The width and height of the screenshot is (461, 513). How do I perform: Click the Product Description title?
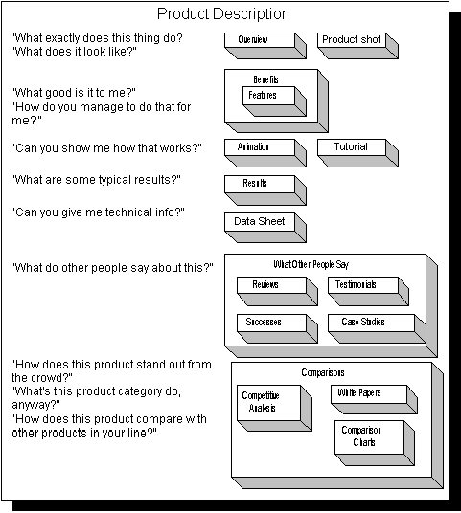pyautogui.click(x=222, y=13)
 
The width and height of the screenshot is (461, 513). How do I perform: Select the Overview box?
pyautogui.click(x=265, y=46)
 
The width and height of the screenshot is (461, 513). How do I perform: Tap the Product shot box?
pyautogui.click(x=357, y=46)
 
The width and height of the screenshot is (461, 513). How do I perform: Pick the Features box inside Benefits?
pyautogui.click(x=274, y=101)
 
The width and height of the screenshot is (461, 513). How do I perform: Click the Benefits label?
pyautogui.click(x=265, y=79)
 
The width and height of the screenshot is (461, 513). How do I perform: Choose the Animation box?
pyautogui.click(x=265, y=153)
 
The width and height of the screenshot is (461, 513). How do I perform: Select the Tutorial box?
pyautogui.click(x=357, y=153)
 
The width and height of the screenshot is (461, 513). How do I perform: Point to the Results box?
pyautogui.click(x=265, y=190)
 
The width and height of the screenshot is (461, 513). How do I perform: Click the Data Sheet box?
pyautogui.click(x=265, y=228)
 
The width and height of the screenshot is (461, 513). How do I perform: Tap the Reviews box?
pyautogui.click(x=277, y=292)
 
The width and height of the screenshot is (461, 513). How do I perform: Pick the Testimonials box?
pyautogui.click(x=369, y=292)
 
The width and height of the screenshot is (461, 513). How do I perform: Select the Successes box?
pyautogui.click(x=277, y=329)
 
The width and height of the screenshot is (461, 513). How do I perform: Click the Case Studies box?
pyautogui.click(x=377, y=329)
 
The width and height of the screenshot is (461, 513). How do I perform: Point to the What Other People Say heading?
pyautogui.click(x=311, y=264)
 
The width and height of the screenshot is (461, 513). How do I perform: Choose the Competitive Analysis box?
pyautogui.click(x=274, y=408)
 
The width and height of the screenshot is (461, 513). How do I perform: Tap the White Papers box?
pyautogui.click(x=374, y=399)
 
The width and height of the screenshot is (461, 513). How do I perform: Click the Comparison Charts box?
pyautogui.click(x=375, y=443)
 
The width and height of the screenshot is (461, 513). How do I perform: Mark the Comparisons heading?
pyautogui.click(x=323, y=372)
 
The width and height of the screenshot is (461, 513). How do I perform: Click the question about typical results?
pyautogui.click(x=96, y=180)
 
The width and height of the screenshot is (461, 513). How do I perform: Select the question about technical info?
pyautogui.click(x=98, y=212)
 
